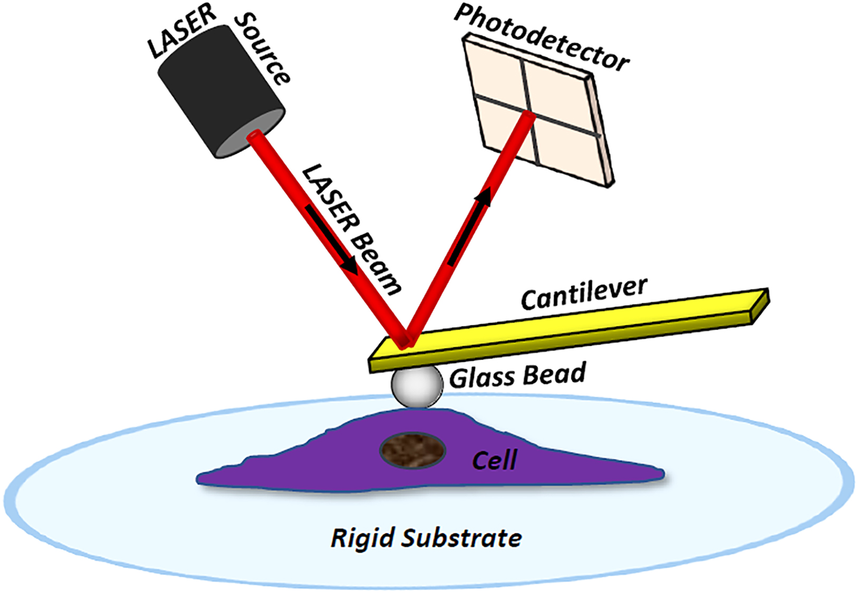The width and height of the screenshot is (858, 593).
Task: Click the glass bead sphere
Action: pyautogui.click(x=417, y=386)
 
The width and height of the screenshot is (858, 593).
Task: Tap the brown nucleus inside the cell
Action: pyautogui.click(x=413, y=451)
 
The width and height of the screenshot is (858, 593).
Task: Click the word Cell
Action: pyautogui.click(x=494, y=461)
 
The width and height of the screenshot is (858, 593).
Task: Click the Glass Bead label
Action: pyautogui.click(x=517, y=376)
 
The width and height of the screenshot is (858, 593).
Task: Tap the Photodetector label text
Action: pyautogui.click(x=542, y=37)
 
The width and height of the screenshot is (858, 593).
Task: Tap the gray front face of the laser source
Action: pyautogui.click(x=251, y=134)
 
